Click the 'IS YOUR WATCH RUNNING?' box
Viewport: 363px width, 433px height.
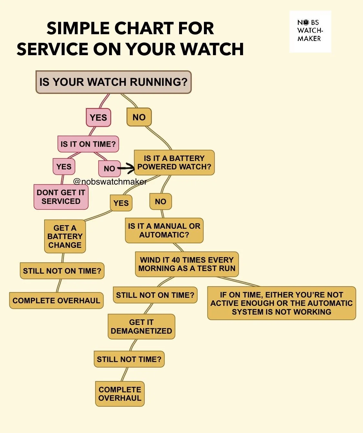[113, 82]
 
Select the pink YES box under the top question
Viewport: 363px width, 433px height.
[98, 117]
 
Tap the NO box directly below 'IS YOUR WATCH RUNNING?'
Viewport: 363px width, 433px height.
[139, 117]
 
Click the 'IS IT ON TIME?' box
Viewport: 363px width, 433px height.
[88, 144]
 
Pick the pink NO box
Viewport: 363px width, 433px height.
[109, 168]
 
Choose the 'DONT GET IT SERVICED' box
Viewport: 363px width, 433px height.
[61, 197]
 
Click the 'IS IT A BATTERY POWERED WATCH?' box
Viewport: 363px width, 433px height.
[174, 163]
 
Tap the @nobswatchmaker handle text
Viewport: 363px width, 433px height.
[110, 182]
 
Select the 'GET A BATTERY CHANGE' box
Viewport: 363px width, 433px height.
[65, 237]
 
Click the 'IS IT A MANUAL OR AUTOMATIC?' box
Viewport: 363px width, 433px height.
[164, 230]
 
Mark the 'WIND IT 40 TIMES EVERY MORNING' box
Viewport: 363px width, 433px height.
[187, 264]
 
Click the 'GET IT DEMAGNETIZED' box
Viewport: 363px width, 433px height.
[141, 327]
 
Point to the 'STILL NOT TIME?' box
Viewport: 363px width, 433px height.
[129, 359]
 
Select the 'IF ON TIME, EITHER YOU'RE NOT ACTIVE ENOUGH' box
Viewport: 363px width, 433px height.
[281, 303]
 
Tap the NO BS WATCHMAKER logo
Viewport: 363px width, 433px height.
[310, 31]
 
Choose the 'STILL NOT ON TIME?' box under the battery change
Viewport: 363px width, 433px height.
[62, 271]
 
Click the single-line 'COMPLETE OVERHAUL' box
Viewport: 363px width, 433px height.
[56, 300]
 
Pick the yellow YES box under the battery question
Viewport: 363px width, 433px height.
[121, 203]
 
